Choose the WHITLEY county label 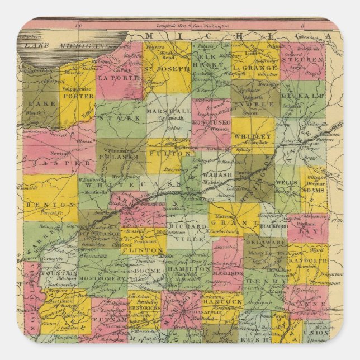click(253, 136)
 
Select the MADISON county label click(227, 273)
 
